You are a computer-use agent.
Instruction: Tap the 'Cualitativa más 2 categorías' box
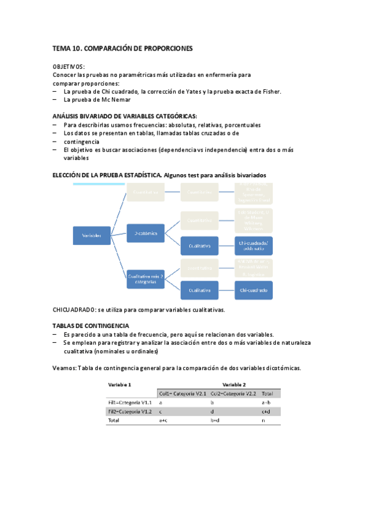146,278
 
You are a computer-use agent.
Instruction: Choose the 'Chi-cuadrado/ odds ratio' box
253,246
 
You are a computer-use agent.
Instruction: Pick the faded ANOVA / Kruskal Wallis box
253,267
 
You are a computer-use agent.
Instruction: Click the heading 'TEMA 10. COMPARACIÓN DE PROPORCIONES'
122,48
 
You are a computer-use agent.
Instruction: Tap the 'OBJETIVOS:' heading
69,66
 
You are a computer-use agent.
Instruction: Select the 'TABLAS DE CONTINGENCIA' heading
90,326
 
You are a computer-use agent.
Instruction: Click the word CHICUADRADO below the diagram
74,309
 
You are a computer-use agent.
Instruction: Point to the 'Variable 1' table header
120,384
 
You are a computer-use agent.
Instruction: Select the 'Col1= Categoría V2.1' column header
182,393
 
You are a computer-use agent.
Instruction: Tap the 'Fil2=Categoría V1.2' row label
130,411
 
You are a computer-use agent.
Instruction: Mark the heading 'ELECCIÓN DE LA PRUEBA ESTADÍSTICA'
108,175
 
